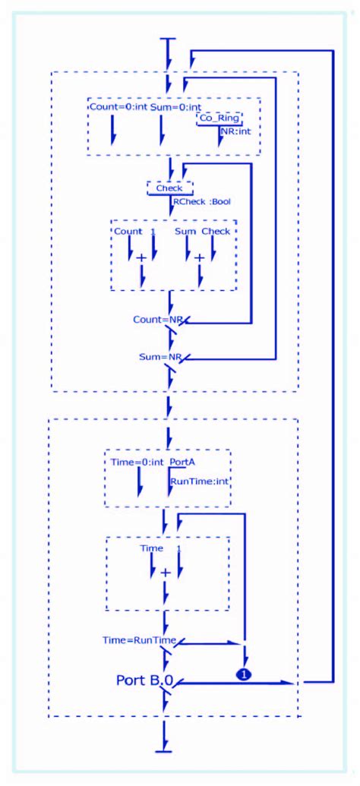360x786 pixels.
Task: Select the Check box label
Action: pyautogui.click(x=169, y=188)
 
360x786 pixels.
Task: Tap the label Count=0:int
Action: pyautogui.click(x=118, y=106)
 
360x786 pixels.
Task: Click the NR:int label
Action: pyautogui.click(x=235, y=131)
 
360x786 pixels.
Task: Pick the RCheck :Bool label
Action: pyautogui.click(x=201, y=202)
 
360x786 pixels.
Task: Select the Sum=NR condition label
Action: pyautogui.click(x=159, y=356)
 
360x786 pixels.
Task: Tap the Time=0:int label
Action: pyautogui.click(x=135, y=462)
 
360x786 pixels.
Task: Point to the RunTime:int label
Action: pyautogui.click(x=198, y=480)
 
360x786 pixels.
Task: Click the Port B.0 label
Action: pyautogui.click(x=144, y=679)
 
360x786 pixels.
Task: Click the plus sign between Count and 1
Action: pyautogui.click(x=141, y=258)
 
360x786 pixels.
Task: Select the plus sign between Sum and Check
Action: pyautogui.click(x=199, y=258)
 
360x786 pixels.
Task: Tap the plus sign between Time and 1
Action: pyautogui.click(x=164, y=572)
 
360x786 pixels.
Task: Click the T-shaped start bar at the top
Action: pyautogui.click(x=168, y=39)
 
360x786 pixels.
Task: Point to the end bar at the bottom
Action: pyautogui.click(x=164, y=752)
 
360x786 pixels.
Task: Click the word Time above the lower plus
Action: pyautogui.click(x=152, y=548)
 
